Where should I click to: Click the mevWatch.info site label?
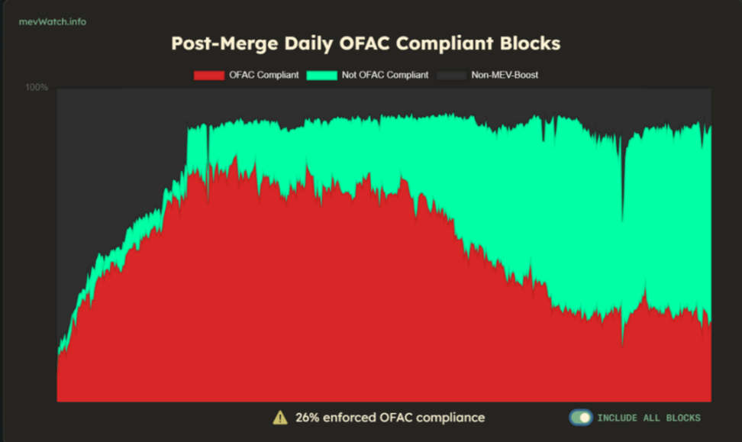[x=53, y=21]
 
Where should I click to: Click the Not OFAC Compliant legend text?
[x=390, y=76]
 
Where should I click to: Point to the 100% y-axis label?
[x=37, y=88]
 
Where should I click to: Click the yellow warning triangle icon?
[x=280, y=418]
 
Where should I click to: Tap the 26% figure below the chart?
[x=307, y=418]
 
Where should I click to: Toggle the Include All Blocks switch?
[x=580, y=418]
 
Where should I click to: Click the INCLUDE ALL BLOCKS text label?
[x=648, y=418]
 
